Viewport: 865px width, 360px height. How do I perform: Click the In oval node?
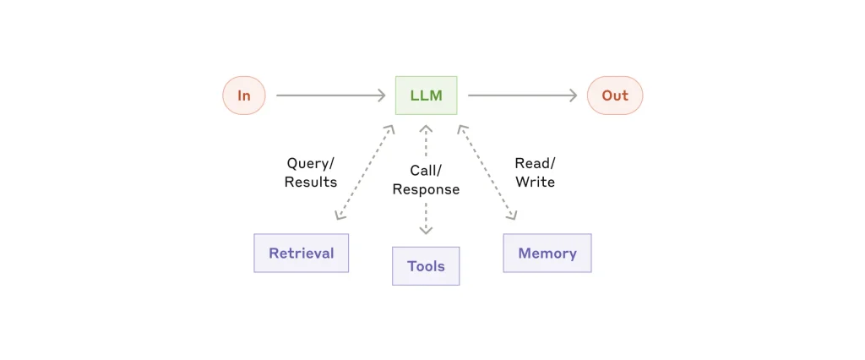(244, 95)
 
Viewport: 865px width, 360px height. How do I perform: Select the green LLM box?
(426, 95)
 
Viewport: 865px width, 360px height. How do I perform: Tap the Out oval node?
(615, 95)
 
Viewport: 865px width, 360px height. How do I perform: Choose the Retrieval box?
(301, 253)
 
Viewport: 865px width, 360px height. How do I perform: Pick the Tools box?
(426, 266)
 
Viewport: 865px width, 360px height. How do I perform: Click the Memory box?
(547, 253)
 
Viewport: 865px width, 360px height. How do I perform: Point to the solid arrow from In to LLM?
(329, 95)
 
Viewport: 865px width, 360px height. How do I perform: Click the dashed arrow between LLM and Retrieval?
(364, 173)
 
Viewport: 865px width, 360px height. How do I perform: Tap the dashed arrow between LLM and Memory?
(487, 173)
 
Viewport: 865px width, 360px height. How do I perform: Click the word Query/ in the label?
(310, 163)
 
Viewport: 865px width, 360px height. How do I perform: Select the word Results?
(310, 182)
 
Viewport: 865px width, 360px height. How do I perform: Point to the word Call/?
(426, 171)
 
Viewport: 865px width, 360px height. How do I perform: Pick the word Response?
(426, 189)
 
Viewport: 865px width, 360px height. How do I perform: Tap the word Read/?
(535, 163)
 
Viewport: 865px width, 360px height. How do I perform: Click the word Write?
(535, 182)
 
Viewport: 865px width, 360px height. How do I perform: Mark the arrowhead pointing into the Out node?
(573, 95)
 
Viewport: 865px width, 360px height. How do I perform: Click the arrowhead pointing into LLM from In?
(381, 95)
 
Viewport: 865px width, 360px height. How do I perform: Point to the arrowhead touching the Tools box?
(426, 230)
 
